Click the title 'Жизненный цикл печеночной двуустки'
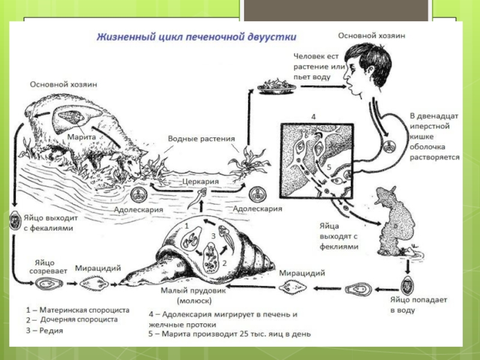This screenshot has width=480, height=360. click(x=197, y=37)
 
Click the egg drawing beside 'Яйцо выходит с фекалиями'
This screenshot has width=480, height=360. click(x=13, y=220)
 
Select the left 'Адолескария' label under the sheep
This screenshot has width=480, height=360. click(x=139, y=209)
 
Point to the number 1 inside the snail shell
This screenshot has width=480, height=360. click(x=187, y=224)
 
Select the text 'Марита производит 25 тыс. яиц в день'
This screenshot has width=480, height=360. click(x=233, y=334)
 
